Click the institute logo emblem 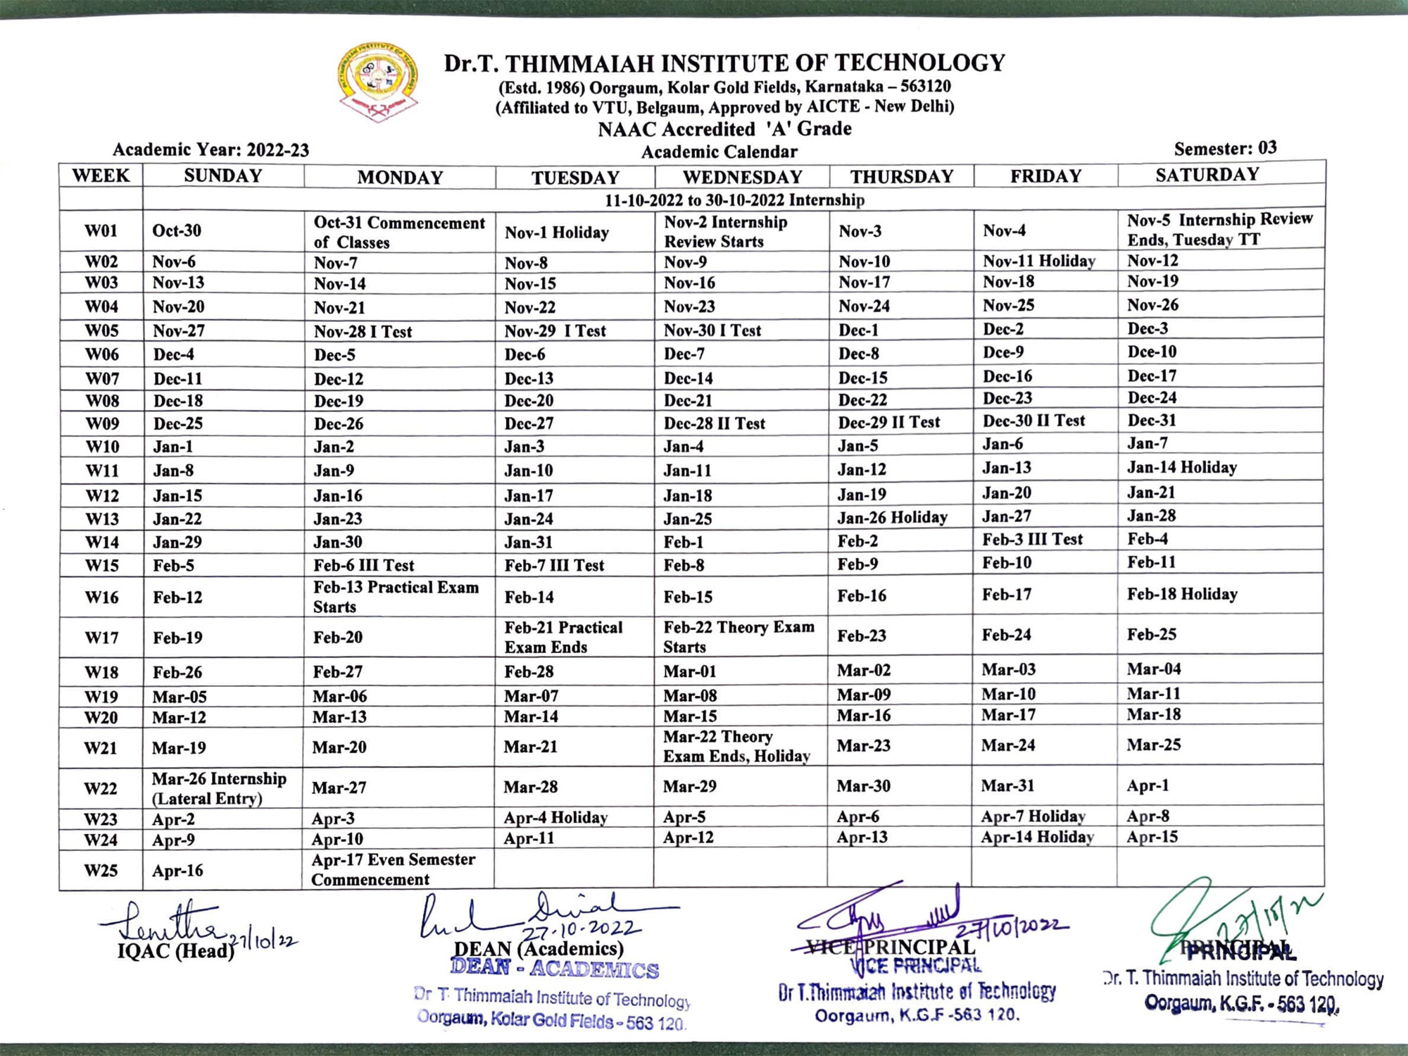click(378, 81)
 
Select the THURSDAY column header click(901, 176)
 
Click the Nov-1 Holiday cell click(556, 232)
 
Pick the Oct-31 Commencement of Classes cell click(399, 232)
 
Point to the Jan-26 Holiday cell click(892, 518)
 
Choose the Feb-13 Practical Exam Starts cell click(396, 597)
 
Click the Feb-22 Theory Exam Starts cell click(738, 637)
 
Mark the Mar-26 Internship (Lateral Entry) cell click(219, 788)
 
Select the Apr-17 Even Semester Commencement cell click(393, 869)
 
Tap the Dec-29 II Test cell click(888, 423)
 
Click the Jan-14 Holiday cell click(1181, 467)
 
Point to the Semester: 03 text click(1225, 149)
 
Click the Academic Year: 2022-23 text click(210, 150)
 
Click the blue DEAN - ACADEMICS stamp click(555, 969)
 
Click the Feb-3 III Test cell click(1032, 540)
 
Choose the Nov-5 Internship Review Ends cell click(1219, 230)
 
